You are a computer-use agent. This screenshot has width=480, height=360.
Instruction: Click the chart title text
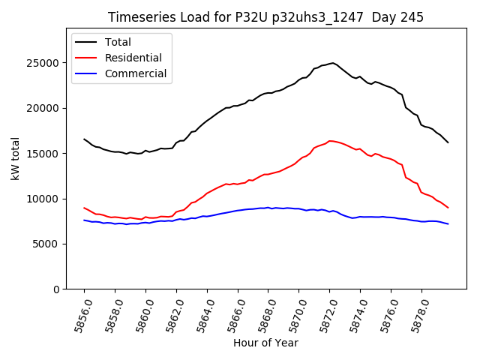[x=265, y=17]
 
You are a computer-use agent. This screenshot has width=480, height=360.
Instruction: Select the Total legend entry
[x=118, y=43]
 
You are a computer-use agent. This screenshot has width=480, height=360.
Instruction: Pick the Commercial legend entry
[x=136, y=73]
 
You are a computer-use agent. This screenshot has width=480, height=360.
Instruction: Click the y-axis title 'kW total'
[x=16, y=159]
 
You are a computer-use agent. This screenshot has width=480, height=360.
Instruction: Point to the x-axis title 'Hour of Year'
[x=265, y=343]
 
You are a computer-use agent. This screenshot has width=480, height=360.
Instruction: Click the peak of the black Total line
[x=332, y=63]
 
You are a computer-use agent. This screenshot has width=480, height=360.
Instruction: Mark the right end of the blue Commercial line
[x=448, y=223]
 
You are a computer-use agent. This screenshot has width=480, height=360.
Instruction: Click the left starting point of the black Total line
[x=84, y=139]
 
